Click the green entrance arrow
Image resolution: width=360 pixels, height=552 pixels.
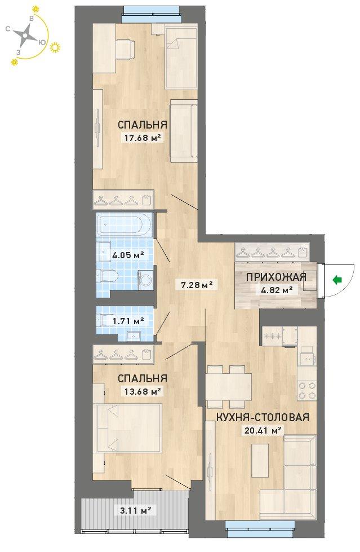337,280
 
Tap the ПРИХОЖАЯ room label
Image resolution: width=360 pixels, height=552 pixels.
276,277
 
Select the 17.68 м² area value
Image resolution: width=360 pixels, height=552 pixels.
143,138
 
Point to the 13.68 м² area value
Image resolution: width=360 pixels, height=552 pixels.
143,391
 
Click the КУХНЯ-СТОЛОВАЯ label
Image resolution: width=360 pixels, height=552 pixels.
263,417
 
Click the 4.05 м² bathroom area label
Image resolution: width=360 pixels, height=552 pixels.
128,255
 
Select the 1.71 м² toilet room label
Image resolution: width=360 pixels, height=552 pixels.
128,321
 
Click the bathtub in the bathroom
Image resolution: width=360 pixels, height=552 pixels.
125,225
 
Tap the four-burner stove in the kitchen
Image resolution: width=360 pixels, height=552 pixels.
307,390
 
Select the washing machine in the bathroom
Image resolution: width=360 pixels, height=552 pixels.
145,280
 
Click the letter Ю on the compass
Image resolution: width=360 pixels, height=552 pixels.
42,42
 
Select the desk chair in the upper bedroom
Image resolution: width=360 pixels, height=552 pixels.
125,50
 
